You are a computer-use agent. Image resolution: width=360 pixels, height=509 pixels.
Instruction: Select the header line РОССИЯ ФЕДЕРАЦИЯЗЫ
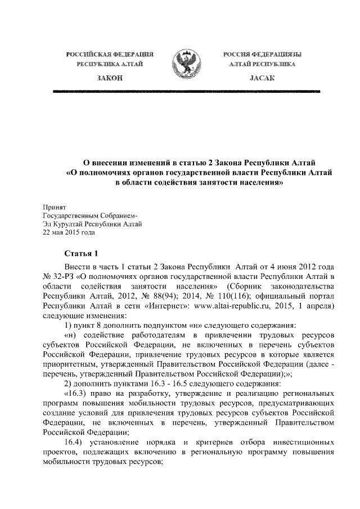[261, 55]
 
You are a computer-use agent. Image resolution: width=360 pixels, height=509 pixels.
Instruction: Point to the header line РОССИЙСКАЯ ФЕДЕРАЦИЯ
[110, 55]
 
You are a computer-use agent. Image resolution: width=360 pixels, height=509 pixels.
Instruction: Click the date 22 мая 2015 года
[69, 232]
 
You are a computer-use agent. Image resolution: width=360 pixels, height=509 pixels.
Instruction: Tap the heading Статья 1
[82, 253]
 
